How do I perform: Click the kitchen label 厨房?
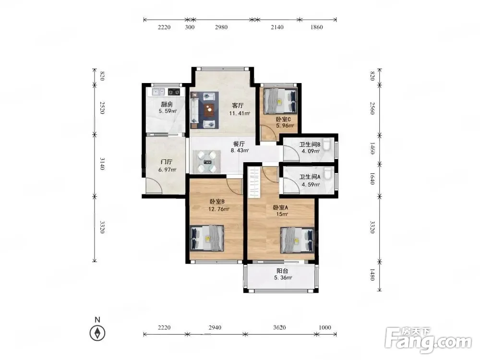pyautogui.click(x=167, y=105)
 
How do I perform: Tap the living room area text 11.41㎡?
pyautogui.click(x=240, y=113)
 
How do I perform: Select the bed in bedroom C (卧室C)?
pyautogui.click(x=281, y=101)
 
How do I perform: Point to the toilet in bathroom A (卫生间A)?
pyautogui.click(x=327, y=173)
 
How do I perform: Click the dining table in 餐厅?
pyautogui.click(x=207, y=162)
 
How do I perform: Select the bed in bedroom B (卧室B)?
pyautogui.click(x=206, y=238)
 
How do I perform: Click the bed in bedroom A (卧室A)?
pyautogui.click(x=297, y=240)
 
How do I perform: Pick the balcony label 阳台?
pyautogui.click(x=282, y=271)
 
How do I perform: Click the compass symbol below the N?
pyautogui.click(x=97, y=333)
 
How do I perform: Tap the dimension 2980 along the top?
pyautogui.click(x=221, y=27)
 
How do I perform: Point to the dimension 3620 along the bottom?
pyautogui.click(x=279, y=327)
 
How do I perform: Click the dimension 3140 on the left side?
pyautogui.click(x=102, y=164)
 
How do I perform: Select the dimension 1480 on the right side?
pyautogui.click(x=372, y=275)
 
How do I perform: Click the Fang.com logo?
pyautogui.click(x=428, y=340)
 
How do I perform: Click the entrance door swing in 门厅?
pyautogui.click(x=152, y=185)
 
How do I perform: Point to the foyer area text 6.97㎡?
pyautogui.click(x=167, y=169)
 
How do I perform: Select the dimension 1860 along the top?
pyautogui.click(x=316, y=27)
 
